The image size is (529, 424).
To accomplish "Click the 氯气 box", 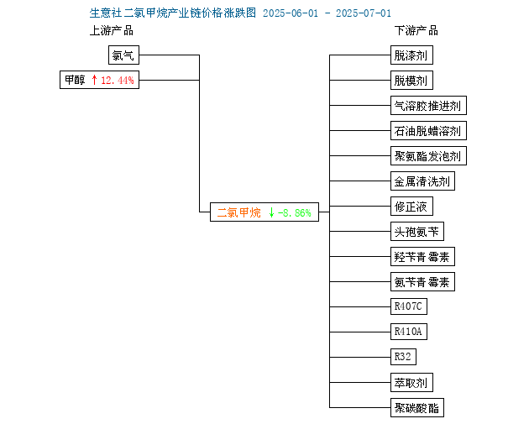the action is pyautogui.click(x=123, y=55).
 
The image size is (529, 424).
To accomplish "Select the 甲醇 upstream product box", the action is pyautogui.click(x=99, y=80).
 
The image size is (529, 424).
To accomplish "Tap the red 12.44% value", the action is pyautogui.click(x=118, y=81).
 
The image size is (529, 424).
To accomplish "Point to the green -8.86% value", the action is pyautogui.click(x=294, y=213).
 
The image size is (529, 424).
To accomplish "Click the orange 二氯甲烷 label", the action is pyautogui.click(x=238, y=212).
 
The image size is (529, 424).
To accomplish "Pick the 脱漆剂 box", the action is pyautogui.click(x=411, y=55).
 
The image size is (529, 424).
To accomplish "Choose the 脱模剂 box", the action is pyautogui.click(x=411, y=81).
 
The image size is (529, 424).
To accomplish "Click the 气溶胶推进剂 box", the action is pyautogui.click(x=428, y=106).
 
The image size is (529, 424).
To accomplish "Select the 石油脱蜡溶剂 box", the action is pyautogui.click(x=428, y=130).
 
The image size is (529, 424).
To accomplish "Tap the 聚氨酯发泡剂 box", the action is pyautogui.click(x=428, y=156).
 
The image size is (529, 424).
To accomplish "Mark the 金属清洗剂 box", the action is pyautogui.click(x=422, y=181).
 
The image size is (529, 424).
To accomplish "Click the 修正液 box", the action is pyautogui.click(x=411, y=206).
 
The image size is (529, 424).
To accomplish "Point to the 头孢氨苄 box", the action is pyautogui.click(x=417, y=232).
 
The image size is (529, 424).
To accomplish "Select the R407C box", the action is pyautogui.click(x=409, y=306).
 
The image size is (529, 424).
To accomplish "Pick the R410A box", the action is pyautogui.click(x=409, y=332).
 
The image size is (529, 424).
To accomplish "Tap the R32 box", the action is pyautogui.click(x=403, y=357).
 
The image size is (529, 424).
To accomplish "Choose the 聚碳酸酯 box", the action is pyautogui.click(x=417, y=408).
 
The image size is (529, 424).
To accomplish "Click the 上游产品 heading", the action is pyautogui.click(x=112, y=31).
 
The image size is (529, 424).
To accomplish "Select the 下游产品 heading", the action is pyautogui.click(x=416, y=31).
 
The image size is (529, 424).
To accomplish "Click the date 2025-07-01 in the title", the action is pyautogui.click(x=364, y=13).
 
